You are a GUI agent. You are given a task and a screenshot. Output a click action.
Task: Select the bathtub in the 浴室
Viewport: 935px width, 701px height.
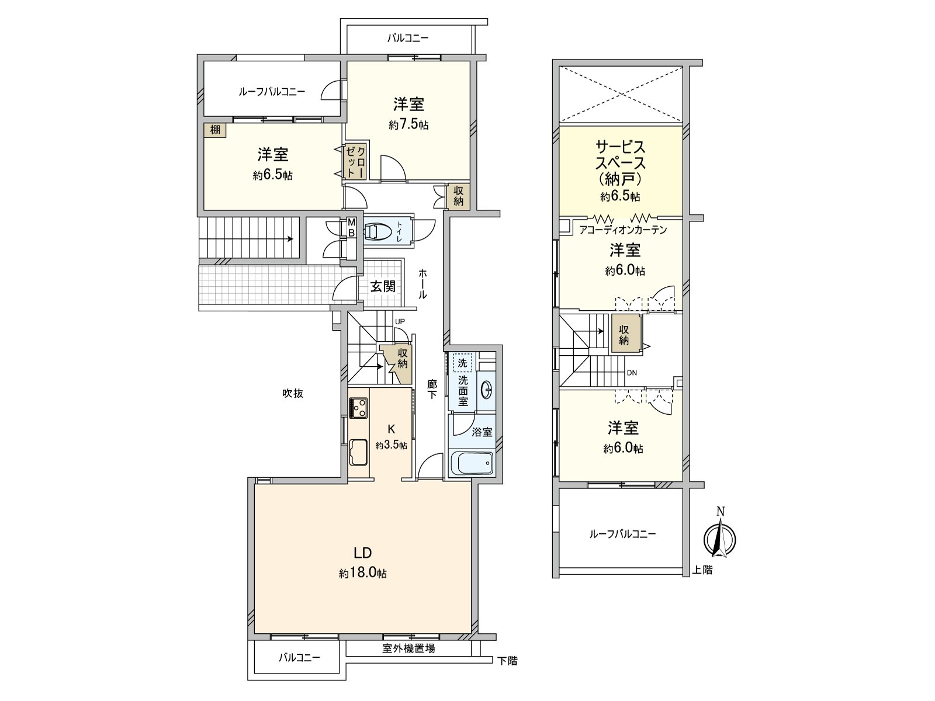pyautogui.click(x=473, y=464)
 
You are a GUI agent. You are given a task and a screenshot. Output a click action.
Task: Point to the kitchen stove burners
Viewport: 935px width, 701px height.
pyautogui.click(x=358, y=407)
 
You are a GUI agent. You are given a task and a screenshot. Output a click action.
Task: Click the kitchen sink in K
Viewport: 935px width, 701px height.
pyautogui.click(x=358, y=452)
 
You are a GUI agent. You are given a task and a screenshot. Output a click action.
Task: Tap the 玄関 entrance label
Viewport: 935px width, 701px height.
pyautogui.click(x=383, y=286)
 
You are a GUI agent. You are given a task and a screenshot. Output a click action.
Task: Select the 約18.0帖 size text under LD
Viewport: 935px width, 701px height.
pyautogui.click(x=362, y=574)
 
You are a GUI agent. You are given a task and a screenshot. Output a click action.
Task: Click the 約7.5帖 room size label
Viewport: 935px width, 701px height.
pyautogui.click(x=408, y=125)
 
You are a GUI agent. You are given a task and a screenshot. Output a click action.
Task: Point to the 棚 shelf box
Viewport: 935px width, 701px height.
pyautogui.click(x=216, y=130)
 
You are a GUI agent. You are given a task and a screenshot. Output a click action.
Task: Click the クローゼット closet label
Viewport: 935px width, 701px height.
pyautogui.click(x=355, y=161)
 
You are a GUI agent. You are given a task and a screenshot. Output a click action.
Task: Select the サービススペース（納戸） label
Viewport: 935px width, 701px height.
pyautogui.click(x=621, y=162)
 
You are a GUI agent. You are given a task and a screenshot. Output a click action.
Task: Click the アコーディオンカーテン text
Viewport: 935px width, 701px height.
pyautogui.click(x=623, y=230)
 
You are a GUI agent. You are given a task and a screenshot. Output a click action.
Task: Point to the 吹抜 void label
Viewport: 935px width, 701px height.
pyautogui.click(x=293, y=394)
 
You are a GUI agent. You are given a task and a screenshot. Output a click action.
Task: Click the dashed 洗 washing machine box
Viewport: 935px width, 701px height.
pyautogui.click(x=462, y=363)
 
